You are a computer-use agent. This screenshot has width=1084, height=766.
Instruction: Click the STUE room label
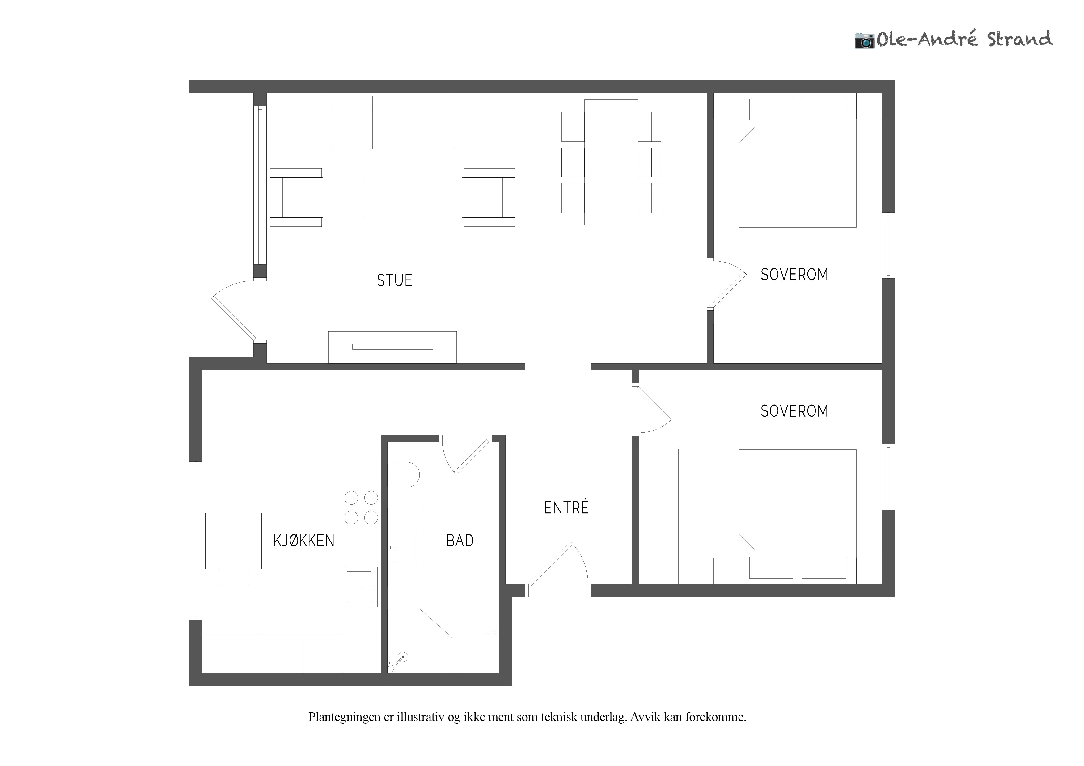394,280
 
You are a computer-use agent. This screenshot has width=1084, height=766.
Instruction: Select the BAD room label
460,541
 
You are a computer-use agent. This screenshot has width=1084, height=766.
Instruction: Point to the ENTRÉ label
566,507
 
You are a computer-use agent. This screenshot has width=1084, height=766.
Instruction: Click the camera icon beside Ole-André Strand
865,40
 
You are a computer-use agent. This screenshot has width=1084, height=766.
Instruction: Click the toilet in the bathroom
404,475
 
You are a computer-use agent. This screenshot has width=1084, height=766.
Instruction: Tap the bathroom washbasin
405,548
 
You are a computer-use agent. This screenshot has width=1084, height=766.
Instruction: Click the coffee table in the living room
392,197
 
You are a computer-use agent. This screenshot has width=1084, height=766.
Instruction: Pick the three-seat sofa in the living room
392,123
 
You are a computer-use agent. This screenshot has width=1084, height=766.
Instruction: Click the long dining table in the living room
611,162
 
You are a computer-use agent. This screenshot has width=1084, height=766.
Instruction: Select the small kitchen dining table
233,541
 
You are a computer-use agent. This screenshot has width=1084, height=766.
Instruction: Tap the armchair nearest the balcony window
296,197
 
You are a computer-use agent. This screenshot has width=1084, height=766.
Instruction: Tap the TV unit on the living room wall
392,347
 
